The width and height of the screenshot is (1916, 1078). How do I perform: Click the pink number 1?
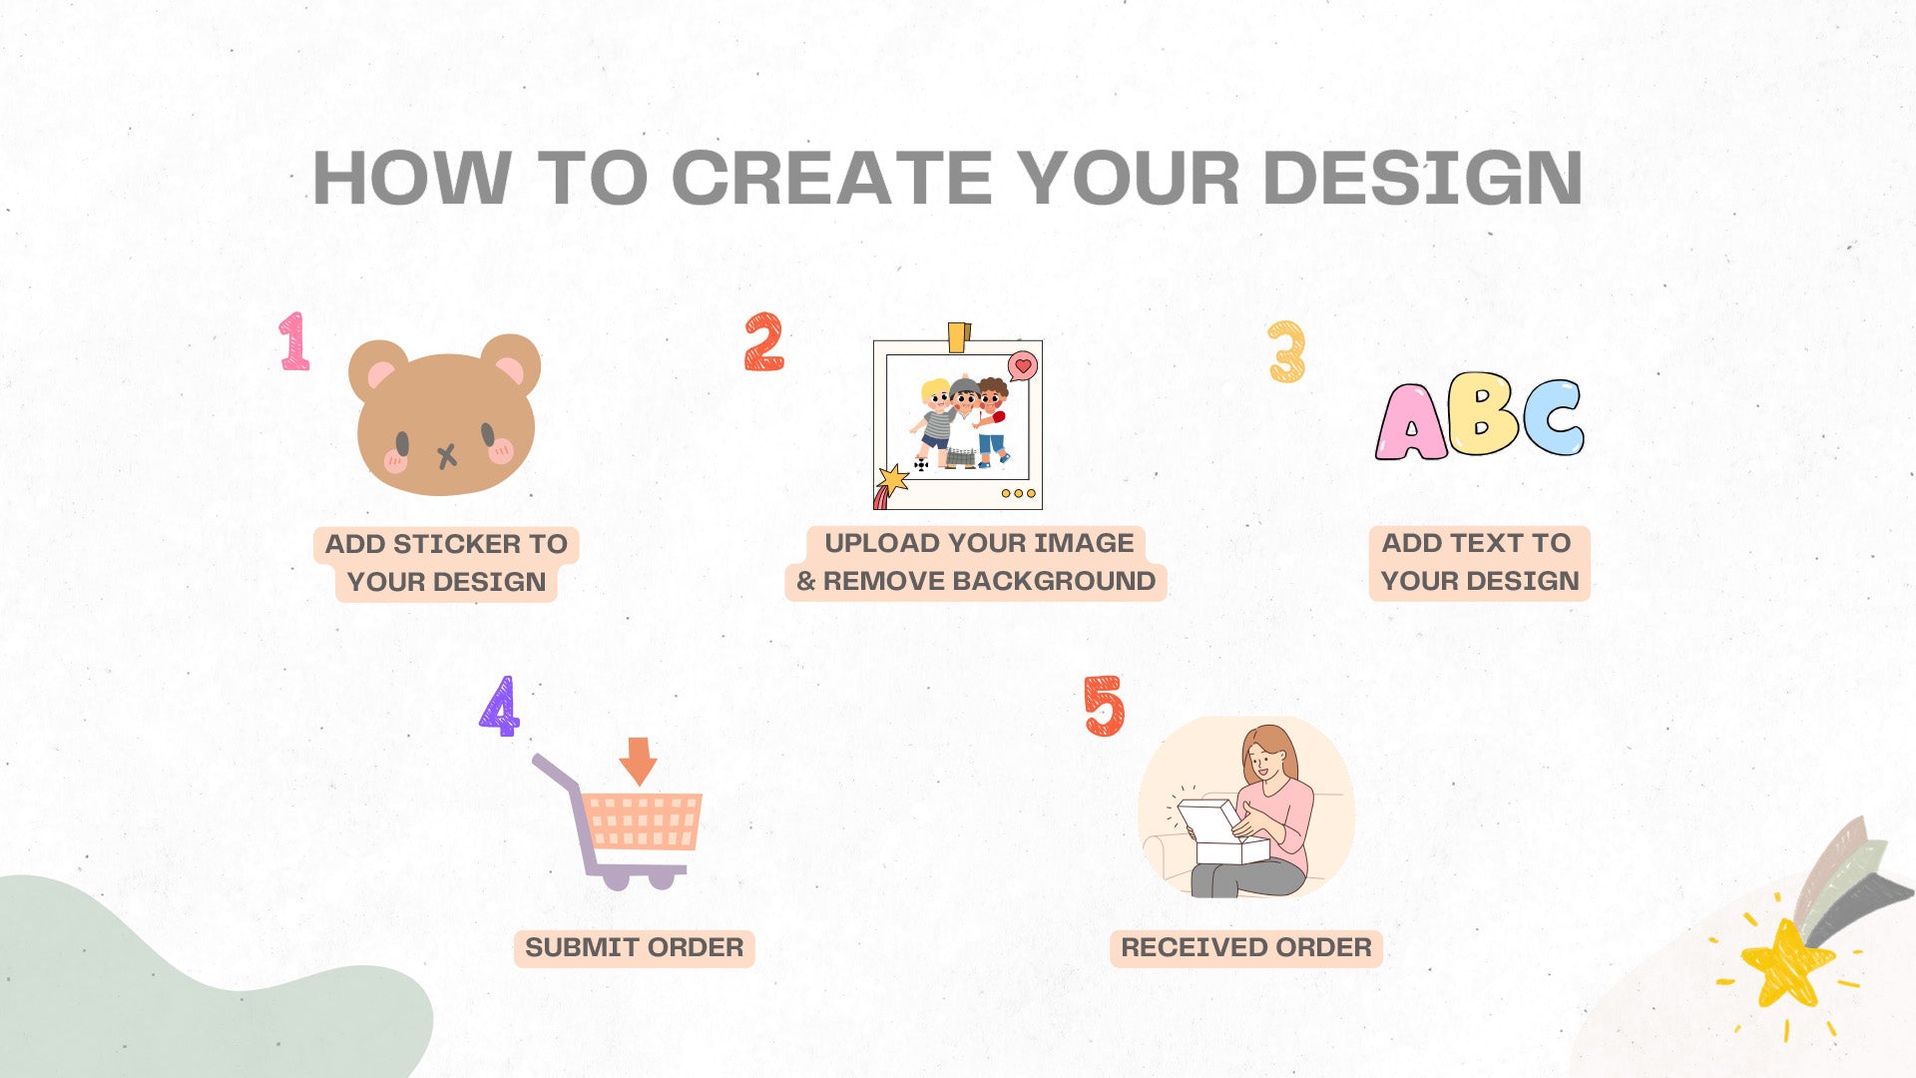294,341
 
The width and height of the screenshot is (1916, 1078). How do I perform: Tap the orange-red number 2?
764,342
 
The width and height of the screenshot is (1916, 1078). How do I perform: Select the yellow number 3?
1287,351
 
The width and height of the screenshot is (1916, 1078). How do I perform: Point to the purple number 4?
500,706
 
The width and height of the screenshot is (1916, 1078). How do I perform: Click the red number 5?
1105,706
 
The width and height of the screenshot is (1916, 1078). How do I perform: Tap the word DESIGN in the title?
1423,179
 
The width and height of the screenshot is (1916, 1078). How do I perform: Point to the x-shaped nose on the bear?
447,457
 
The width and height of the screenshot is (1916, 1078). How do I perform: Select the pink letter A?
1410,422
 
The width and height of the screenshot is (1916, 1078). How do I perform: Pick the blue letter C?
1554,417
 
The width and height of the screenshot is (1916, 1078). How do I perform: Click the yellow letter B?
1483,413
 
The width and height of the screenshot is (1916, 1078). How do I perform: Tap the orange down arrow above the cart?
638,762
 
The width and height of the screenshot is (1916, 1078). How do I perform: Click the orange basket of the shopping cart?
642,821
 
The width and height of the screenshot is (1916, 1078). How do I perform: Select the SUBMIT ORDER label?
635,947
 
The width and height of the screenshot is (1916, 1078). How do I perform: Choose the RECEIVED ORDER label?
1246,947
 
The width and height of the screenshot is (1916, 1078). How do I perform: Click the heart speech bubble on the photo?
1023,366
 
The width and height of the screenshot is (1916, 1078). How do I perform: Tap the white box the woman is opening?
1222,831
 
